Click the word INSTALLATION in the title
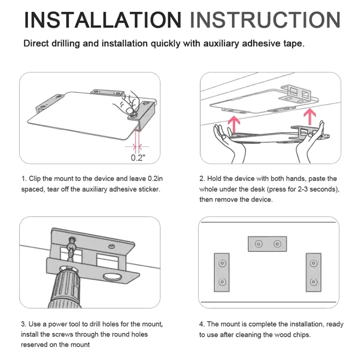tap(103, 20)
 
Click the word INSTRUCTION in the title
tap(265, 20)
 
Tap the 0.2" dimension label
tap(138, 158)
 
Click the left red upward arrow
tap(234, 125)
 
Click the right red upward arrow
tap(310, 117)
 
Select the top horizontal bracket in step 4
tap(267, 244)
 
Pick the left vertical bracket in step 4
tap(222, 273)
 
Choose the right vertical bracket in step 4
tap(313, 273)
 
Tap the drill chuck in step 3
tap(65, 287)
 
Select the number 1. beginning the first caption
tap(24, 179)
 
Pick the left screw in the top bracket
tap(259, 244)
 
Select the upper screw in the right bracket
tap(314, 263)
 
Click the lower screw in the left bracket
tap(222, 282)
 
